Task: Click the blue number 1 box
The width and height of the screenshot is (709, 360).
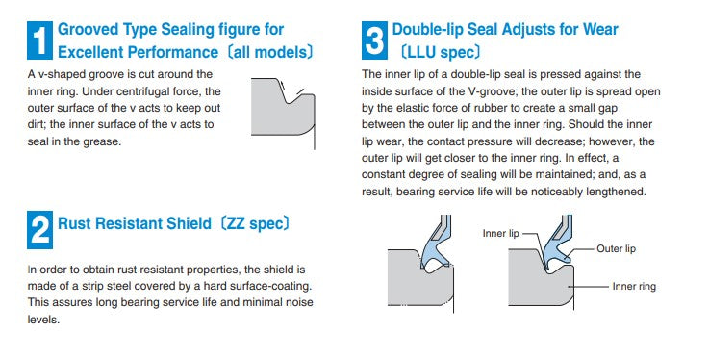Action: tap(39, 40)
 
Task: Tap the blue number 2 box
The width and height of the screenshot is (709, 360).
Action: tap(39, 230)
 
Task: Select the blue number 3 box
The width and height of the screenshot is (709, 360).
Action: tap(374, 40)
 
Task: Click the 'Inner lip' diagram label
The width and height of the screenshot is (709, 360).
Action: tap(500, 233)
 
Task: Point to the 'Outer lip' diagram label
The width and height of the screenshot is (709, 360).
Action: tap(616, 248)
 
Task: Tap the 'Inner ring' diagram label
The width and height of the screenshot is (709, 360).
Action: tap(634, 286)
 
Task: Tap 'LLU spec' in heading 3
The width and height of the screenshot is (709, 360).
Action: tap(440, 53)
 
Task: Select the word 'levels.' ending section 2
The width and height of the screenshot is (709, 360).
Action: tap(43, 320)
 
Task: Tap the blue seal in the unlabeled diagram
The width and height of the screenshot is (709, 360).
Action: tap(432, 252)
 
